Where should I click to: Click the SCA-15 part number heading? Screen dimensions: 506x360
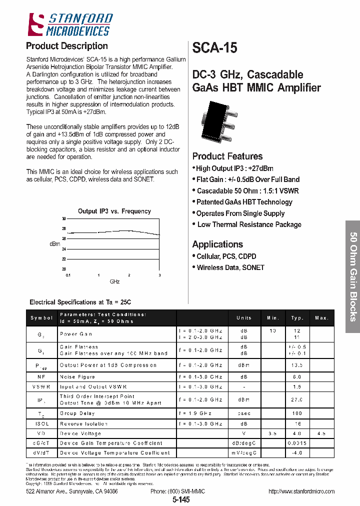click(x=215, y=48)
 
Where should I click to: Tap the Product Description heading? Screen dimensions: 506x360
click(x=66, y=46)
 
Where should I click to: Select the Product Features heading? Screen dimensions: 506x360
click(x=227, y=156)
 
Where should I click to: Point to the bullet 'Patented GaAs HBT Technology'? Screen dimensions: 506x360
click(x=244, y=202)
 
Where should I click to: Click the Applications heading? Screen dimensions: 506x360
click(x=217, y=244)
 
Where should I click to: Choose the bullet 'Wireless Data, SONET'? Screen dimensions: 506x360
click(x=230, y=267)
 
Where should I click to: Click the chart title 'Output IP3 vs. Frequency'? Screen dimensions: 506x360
click(x=114, y=211)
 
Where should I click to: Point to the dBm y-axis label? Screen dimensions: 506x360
click(x=54, y=243)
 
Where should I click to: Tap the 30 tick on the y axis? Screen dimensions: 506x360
click(x=63, y=219)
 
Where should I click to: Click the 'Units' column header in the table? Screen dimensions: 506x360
click(x=244, y=318)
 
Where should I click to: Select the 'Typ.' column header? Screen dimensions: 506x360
click(x=297, y=318)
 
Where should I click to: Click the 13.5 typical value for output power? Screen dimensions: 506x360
click(x=297, y=365)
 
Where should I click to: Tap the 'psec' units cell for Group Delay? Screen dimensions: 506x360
click(x=244, y=413)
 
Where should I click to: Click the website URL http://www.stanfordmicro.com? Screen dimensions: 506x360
click(x=301, y=491)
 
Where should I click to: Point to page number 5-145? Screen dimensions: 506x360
click(x=181, y=500)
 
